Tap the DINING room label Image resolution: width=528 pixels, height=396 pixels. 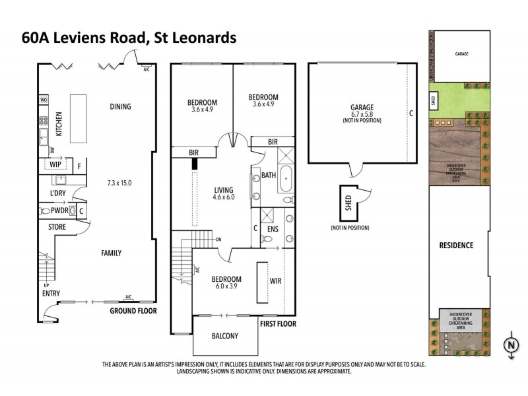(x=119, y=106)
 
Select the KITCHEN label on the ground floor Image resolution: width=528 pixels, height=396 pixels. (x=59, y=123)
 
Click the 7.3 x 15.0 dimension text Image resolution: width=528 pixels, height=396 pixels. (x=119, y=182)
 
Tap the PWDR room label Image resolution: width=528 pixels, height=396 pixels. (x=60, y=211)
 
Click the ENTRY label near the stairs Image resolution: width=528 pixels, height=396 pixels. (x=51, y=293)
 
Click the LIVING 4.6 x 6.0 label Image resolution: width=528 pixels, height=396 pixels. (x=223, y=192)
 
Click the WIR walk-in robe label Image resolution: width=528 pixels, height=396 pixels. (x=276, y=280)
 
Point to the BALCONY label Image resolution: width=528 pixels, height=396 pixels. (x=225, y=336)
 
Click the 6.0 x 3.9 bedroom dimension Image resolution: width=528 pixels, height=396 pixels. (x=226, y=287)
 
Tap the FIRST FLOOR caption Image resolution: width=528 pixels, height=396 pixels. (x=277, y=324)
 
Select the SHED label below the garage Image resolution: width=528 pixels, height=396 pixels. (x=348, y=203)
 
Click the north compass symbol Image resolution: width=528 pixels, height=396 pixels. (x=510, y=345)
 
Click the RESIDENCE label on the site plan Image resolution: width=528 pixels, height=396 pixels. (x=456, y=246)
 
